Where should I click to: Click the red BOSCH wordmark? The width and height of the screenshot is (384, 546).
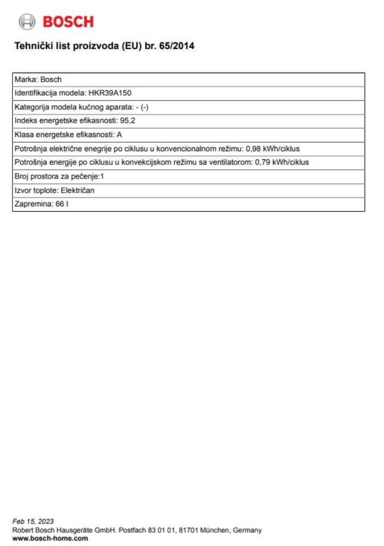(68, 22)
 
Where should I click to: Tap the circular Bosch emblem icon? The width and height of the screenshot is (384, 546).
(26, 22)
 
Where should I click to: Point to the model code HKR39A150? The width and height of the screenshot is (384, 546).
(110, 93)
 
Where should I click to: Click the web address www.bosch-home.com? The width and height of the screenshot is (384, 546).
(50, 538)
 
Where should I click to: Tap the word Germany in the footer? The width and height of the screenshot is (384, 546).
(248, 530)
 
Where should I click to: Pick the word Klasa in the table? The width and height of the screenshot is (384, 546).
(24, 135)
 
